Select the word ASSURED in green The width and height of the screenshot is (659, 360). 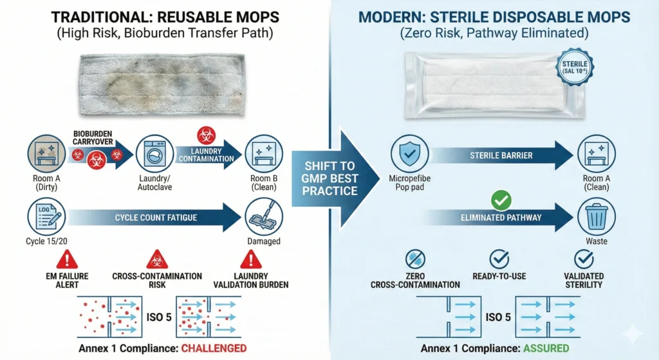pyautogui.click(x=546, y=348)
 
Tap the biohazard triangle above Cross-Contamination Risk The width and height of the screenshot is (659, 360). pyautogui.click(x=156, y=260)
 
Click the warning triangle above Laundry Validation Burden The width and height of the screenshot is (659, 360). pyautogui.click(x=250, y=260)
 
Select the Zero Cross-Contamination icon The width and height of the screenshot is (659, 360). pyautogui.click(x=414, y=260)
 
